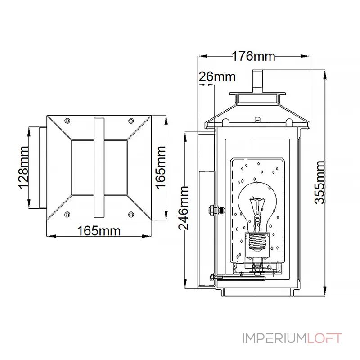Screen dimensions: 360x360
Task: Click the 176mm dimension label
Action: (253, 56)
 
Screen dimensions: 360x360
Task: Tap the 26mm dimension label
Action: (217, 76)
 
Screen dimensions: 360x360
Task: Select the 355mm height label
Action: (319, 183)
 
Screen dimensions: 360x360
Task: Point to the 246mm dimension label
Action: (184, 208)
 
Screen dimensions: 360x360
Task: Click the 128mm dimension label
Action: (23, 167)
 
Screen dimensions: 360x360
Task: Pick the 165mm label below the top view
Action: (99, 231)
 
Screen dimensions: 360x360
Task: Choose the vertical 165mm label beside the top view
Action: (161, 167)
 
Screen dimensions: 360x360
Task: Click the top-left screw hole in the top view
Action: (67, 121)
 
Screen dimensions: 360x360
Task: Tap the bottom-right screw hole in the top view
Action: (131, 215)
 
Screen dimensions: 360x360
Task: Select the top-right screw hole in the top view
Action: (131, 121)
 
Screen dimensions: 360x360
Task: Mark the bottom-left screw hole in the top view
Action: (67, 215)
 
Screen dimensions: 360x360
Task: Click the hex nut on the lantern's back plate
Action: (212, 210)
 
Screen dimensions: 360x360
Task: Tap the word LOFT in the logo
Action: (324, 338)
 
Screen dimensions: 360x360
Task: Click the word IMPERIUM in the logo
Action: (274, 338)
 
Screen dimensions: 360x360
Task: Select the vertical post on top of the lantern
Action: (257, 81)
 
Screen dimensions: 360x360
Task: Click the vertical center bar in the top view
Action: (99, 167)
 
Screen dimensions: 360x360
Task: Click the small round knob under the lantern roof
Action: (257, 120)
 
